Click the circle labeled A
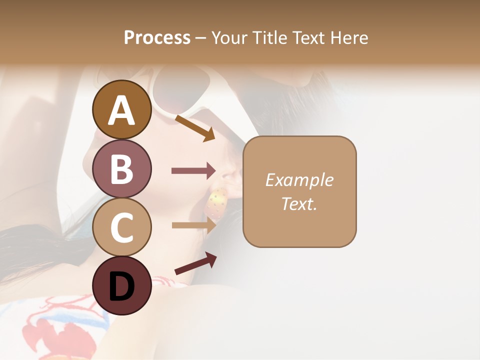coord(121,110)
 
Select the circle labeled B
coord(121,169)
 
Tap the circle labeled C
coord(121,227)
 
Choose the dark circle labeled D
coord(121,286)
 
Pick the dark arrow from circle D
coord(195,263)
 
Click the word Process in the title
coord(157,38)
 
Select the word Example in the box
coord(299,180)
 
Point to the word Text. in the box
coord(299,203)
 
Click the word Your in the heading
coord(229,38)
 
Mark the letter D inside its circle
coord(121,287)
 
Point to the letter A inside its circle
coord(121,110)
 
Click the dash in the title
coord(201,38)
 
